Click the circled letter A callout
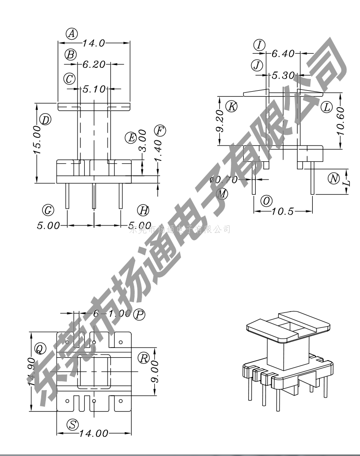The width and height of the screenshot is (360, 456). [72, 33]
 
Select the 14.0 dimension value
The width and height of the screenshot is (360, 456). [94, 43]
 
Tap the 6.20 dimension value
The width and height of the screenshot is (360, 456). [94, 65]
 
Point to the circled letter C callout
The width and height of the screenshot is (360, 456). [70, 79]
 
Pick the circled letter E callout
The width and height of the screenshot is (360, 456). [131, 137]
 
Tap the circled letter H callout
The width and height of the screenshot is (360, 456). [143, 210]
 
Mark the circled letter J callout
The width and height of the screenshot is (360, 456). [257, 65]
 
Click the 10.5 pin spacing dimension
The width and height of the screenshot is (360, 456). [283, 211]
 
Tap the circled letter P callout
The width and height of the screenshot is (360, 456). [139, 314]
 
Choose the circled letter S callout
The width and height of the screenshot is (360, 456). [72, 424]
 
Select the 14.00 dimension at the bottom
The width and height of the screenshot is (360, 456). [94, 433]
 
